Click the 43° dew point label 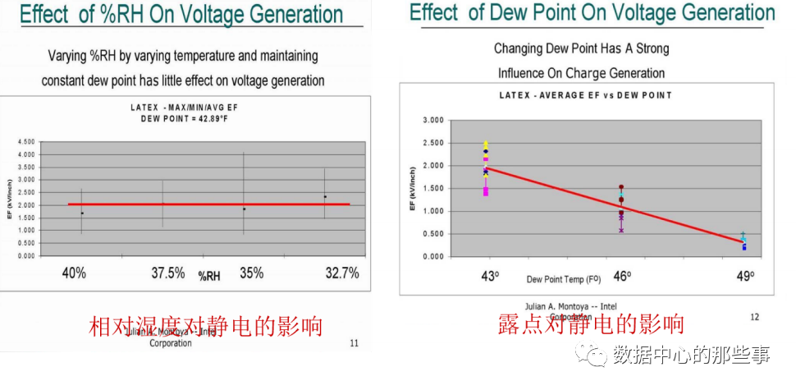click(x=490, y=277)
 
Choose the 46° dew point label click(x=622, y=277)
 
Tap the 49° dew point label click(x=745, y=277)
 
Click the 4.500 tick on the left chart click(x=25, y=142)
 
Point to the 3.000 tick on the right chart click(x=432, y=121)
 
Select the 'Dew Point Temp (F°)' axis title click(x=563, y=280)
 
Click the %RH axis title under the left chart click(x=211, y=277)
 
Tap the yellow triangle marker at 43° click(x=486, y=144)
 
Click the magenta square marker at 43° click(x=486, y=192)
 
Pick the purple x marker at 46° click(x=621, y=230)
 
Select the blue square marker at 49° click(x=744, y=247)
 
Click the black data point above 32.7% click(x=325, y=196)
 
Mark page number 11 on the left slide click(x=354, y=343)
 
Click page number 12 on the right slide click(x=754, y=316)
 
